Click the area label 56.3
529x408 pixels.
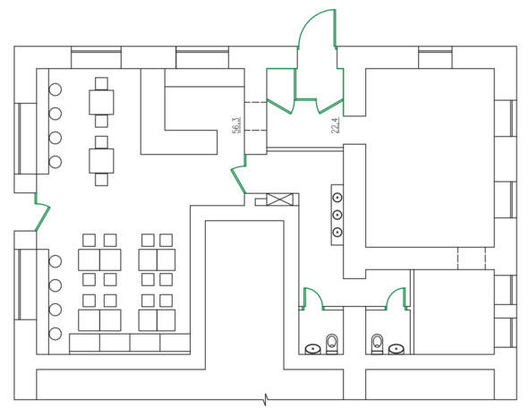pos(236,125)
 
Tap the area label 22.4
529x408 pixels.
pos(336,125)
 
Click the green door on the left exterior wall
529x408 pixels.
pos(43,212)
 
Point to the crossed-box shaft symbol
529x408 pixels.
pos(279,200)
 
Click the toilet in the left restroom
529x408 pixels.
pos(332,344)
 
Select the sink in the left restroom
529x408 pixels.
pos(313,349)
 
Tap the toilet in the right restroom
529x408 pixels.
pos(377,344)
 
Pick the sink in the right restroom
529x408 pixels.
pos(397,349)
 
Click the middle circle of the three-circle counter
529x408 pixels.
pos(337,215)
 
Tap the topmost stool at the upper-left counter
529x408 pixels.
pos(55,89)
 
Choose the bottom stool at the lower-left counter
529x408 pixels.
pos(55,334)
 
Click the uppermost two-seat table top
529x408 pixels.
pos(101,102)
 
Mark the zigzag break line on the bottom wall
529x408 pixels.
pos(267,400)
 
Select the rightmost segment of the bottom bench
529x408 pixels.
pos(175,343)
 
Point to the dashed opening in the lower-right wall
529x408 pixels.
pos(472,259)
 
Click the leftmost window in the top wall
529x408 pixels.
pos(96,57)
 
